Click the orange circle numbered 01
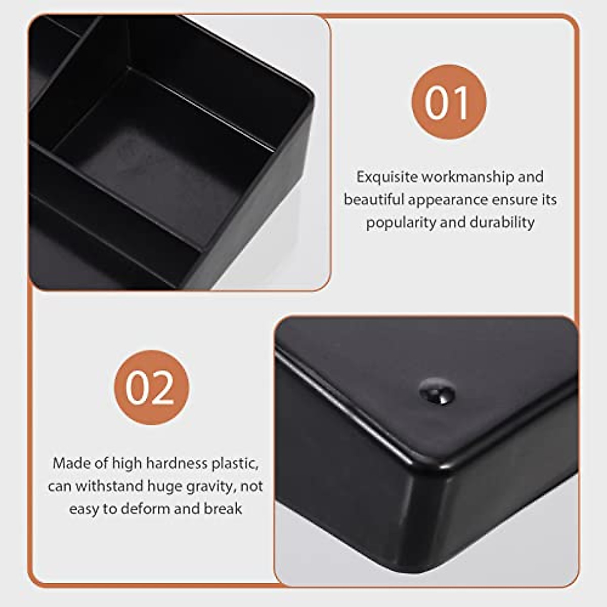click(x=449, y=102)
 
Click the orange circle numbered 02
click(x=151, y=387)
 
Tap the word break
click(x=223, y=509)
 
